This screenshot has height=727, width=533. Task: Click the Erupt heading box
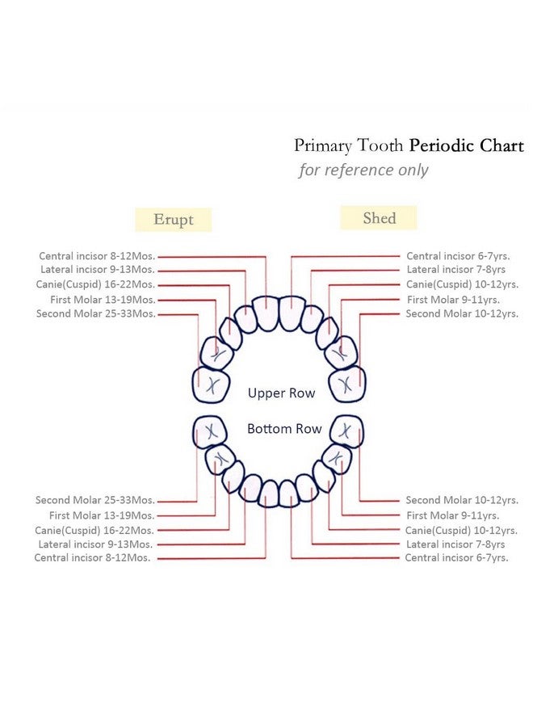click(174, 219)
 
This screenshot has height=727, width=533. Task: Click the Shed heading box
click(379, 218)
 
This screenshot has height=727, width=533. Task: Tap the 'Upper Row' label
click(281, 393)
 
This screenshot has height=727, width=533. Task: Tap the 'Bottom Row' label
click(284, 428)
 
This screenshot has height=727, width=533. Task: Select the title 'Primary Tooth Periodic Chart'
click(409, 145)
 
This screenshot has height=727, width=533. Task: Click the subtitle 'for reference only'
click(363, 170)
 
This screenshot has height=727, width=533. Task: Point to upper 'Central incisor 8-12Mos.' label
click(97, 256)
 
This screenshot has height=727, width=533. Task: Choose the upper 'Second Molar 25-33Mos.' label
click(96, 313)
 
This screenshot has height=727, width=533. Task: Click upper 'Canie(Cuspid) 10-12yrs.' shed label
click(462, 284)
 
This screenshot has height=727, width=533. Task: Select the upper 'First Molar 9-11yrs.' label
click(453, 300)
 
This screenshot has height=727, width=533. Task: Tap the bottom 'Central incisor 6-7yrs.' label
click(456, 557)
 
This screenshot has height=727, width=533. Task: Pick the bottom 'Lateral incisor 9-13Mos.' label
click(95, 544)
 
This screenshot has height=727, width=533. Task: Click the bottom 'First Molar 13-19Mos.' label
click(102, 515)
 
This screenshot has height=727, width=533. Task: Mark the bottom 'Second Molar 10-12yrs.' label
click(462, 500)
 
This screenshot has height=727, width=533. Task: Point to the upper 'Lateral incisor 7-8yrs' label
click(456, 269)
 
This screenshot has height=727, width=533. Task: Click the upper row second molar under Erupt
click(211, 385)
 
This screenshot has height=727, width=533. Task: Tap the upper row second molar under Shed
click(346, 384)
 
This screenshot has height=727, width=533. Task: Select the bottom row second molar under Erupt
click(210, 432)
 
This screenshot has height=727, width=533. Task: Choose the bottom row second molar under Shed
click(346, 431)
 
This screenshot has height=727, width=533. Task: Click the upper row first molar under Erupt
click(216, 353)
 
